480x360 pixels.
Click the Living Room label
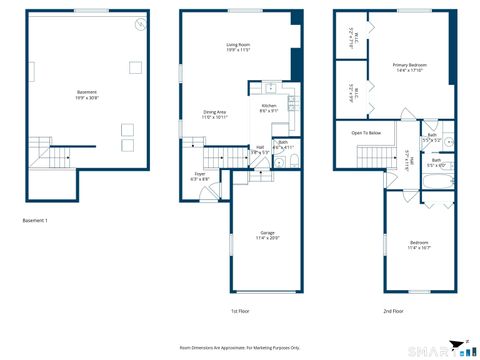(x=237, y=47)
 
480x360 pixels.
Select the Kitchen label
(x=269, y=108)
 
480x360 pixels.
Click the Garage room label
(x=267, y=235)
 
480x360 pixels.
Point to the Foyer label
(x=200, y=176)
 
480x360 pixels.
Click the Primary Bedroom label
(x=410, y=67)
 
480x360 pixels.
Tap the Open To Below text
(x=366, y=132)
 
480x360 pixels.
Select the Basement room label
(x=87, y=95)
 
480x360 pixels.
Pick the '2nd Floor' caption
(x=394, y=311)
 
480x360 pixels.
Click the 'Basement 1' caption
(x=35, y=220)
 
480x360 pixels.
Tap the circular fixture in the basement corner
(x=140, y=24)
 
